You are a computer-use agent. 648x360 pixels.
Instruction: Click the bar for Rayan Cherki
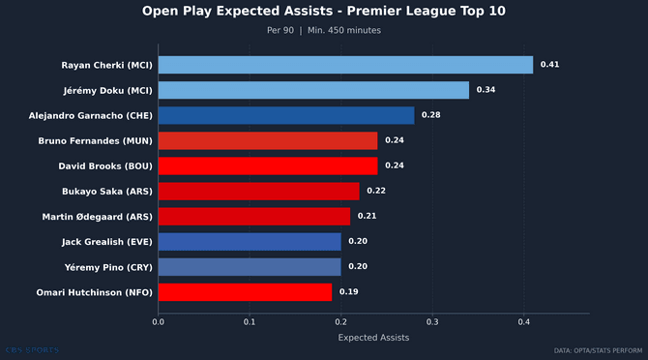tap(345, 65)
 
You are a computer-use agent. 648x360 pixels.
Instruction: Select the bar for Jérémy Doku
tap(313, 90)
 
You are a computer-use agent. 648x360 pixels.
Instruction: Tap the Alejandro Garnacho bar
tap(286, 115)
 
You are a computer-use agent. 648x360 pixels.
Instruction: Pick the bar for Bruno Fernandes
tap(268, 140)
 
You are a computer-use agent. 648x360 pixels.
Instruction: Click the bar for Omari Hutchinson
tap(245, 291)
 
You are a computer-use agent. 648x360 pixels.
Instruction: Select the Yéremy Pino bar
tap(250, 266)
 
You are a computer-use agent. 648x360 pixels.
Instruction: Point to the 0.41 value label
tap(549, 65)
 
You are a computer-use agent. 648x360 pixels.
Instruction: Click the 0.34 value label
tap(486, 90)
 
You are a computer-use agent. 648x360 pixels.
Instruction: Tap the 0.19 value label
tap(348, 291)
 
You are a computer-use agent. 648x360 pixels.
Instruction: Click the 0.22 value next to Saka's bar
tap(375, 191)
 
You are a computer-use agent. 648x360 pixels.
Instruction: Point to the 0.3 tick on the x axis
tap(432, 322)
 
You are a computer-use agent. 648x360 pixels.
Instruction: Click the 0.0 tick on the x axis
tap(158, 322)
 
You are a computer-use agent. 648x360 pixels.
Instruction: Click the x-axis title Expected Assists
tap(373, 338)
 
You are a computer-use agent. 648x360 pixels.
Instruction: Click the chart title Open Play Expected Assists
tap(323, 12)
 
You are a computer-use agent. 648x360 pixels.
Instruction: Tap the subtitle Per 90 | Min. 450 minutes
tap(323, 30)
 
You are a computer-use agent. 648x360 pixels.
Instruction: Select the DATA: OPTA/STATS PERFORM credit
tap(597, 350)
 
